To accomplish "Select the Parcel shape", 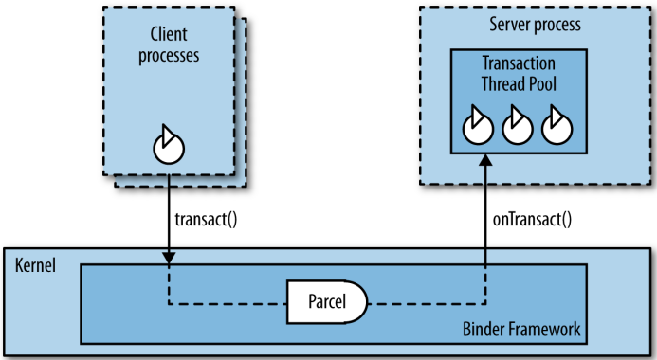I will (326, 303).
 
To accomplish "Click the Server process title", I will (533, 23).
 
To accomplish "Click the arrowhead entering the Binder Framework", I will (169, 259).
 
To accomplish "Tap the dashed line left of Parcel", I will (228, 304).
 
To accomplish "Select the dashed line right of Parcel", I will (427, 304).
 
